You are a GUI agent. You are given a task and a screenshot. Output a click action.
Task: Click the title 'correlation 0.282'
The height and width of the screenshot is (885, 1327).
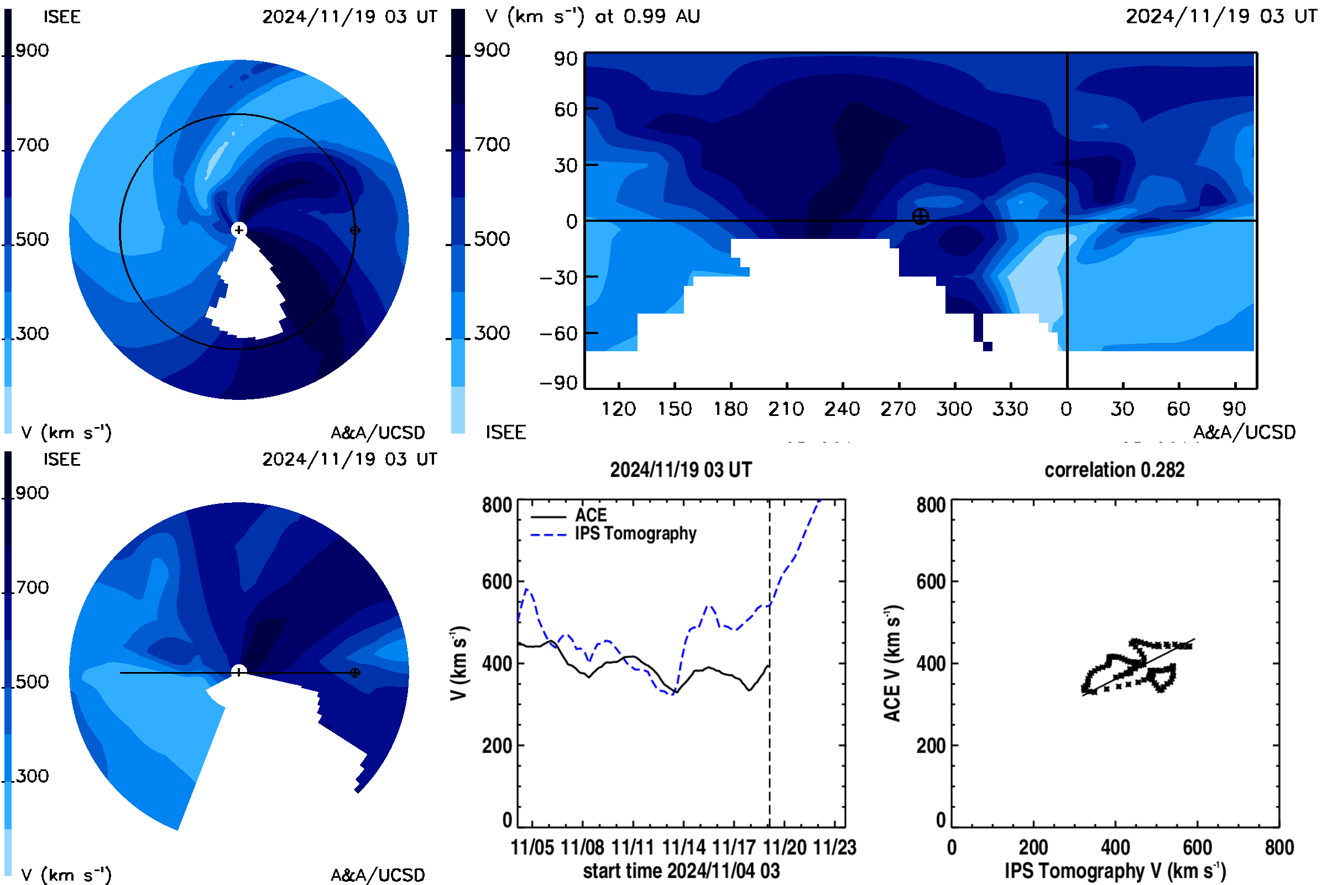(x=1114, y=470)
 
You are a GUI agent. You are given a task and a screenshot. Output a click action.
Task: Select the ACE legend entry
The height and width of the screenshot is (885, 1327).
(x=569, y=515)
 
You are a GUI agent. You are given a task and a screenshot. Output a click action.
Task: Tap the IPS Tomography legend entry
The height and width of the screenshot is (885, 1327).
(x=614, y=533)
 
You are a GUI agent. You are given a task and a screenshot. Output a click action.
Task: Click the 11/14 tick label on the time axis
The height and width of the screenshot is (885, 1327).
(x=683, y=847)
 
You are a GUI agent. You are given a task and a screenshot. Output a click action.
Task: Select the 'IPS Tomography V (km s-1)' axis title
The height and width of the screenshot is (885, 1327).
(x=1115, y=871)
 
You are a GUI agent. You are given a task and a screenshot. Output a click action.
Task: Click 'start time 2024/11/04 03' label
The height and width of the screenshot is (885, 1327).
(x=682, y=871)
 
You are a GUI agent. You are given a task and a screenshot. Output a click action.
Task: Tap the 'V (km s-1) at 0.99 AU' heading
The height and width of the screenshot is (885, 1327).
(x=593, y=17)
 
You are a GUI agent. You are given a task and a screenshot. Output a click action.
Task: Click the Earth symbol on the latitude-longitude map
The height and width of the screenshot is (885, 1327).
(x=920, y=216)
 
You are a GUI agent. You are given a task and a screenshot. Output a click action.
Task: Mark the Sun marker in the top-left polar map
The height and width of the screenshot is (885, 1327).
(x=239, y=230)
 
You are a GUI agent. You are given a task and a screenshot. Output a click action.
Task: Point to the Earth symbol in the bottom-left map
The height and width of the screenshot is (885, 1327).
(x=355, y=673)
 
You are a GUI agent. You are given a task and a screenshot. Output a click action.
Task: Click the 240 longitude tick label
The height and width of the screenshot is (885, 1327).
(x=842, y=409)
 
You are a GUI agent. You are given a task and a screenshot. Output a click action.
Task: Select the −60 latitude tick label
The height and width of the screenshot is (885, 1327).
(x=558, y=334)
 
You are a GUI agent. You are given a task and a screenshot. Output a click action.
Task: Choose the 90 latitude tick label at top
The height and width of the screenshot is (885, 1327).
(x=566, y=59)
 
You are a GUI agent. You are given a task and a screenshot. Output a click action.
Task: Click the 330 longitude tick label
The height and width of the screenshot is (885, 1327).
(x=1010, y=409)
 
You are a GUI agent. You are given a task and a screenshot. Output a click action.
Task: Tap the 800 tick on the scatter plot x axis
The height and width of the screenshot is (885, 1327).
(x=1279, y=847)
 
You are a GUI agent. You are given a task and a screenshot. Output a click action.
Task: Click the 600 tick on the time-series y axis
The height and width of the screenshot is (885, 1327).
(x=497, y=581)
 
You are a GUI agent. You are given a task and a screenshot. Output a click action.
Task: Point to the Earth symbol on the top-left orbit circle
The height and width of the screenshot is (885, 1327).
(x=355, y=230)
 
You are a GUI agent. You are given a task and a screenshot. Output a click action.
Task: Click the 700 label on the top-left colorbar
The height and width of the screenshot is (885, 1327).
(x=32, y=145)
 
